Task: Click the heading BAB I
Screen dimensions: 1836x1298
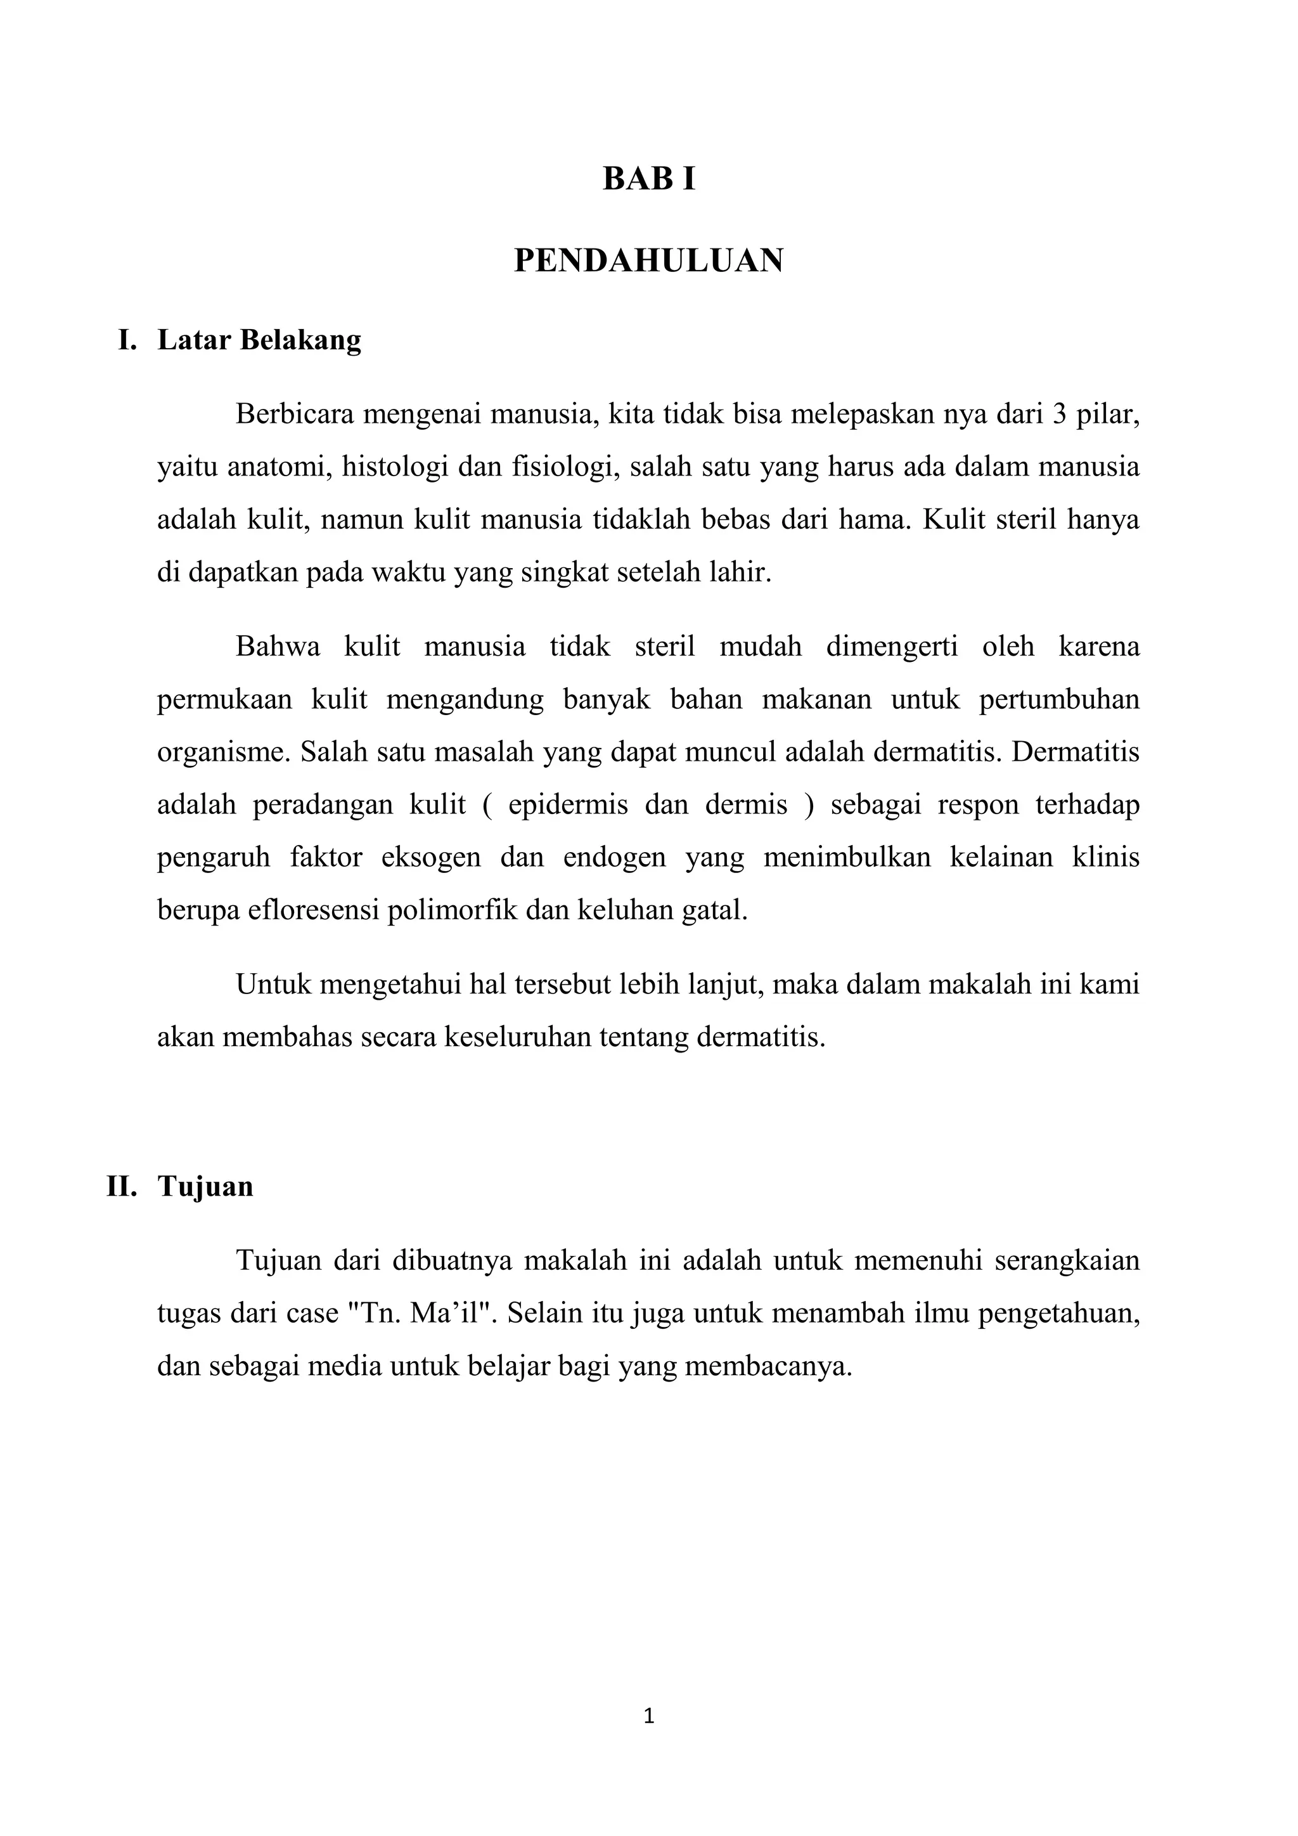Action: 648,179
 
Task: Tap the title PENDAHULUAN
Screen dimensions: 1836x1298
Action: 648,261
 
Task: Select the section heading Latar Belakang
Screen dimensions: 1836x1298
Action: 259,340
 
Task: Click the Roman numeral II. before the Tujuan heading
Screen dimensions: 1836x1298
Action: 122,1186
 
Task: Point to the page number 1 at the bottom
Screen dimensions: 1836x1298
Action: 649,1716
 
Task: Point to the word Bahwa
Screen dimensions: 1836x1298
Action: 278,646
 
